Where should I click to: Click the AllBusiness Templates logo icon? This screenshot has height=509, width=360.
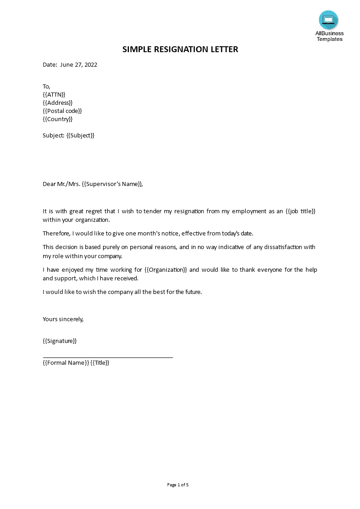pyautogui.click(x=329, y=20)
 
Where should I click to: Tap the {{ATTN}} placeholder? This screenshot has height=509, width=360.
pyautogui.click(x=54, y=94)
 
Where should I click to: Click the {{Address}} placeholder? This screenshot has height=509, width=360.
pyautogui.click(x=58, y=103)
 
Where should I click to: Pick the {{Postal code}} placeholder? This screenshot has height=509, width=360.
pyautogui.click(x=62, y=111)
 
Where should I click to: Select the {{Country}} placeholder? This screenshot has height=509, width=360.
pyautogui.click(x=58, y=119)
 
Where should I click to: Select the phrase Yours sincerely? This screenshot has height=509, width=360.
pyautogui.click(x=63, y=319)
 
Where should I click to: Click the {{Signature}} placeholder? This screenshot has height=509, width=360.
pyautogui.click(x=59, y=341)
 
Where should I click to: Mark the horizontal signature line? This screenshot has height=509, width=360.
pyautogui.click(x=108, y=357)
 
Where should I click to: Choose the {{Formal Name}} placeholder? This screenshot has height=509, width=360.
pyautogui.click(x=66, y=363)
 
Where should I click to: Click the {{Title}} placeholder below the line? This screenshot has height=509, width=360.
pyautogui.click(x=100, y=363)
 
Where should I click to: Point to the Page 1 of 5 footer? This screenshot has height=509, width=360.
pyautogui.click(x=178, y=485)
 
